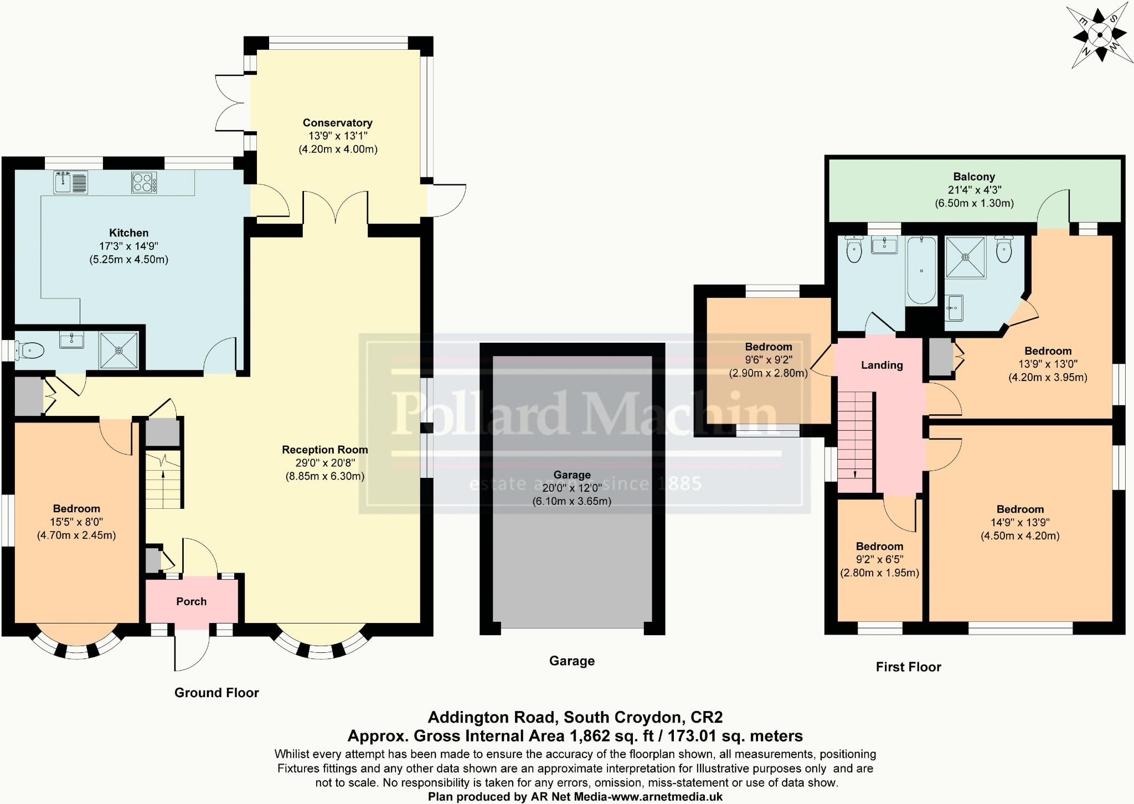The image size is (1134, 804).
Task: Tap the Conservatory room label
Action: [x=337, y=123]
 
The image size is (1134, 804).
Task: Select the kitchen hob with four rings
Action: [x=144, y=183]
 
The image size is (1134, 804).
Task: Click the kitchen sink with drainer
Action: [x=71, y=183]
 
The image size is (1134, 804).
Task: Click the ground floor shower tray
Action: [x=118, y=350]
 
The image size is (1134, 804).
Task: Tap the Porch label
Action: [x=191, y=601]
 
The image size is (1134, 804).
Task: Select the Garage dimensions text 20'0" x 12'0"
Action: [x=571, y=488]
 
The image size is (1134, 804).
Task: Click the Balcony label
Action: [x=974, y=177]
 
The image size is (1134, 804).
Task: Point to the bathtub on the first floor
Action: [x=921, y=270]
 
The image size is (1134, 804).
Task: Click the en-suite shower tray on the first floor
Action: [x=966, y=257]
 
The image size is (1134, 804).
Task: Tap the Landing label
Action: [x=882, y=365]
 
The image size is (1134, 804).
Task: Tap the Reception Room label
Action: [x=324, y=450]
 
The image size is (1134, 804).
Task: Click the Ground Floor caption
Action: [x=217, y=693]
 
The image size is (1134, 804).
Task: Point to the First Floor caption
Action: [x=908, y=667]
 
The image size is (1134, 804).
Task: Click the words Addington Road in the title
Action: [x=492, y=718]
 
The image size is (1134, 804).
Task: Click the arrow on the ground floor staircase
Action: [x=163, y=474]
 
